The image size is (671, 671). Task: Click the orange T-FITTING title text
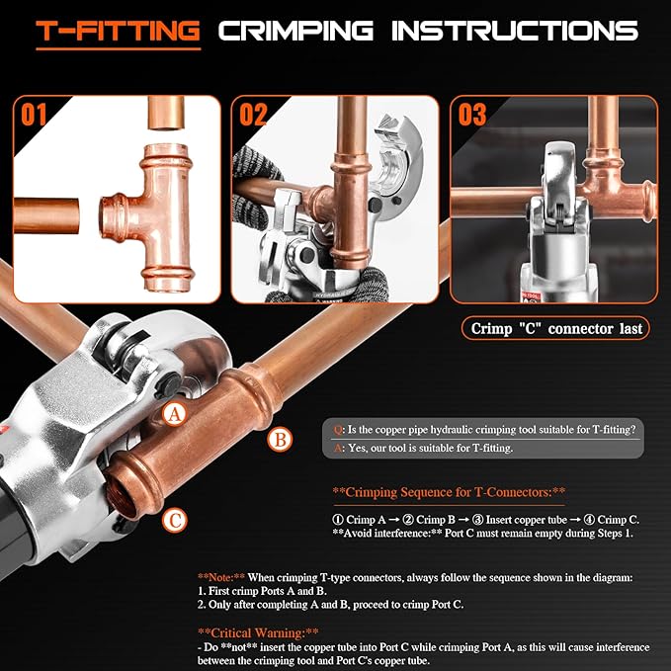coord(118,32)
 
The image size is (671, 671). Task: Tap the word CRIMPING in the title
coord(296,32)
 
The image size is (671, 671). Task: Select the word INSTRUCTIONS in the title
coord(514,32)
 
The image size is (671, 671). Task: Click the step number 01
coord(36,116)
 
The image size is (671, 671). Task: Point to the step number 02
coord(253,116)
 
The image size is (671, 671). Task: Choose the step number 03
coord(471,116)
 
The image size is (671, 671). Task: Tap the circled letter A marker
coord(174,415)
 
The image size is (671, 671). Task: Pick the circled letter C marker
coord(173,516)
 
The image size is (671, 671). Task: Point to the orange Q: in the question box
coord(339,429)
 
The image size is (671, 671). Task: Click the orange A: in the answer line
coord(339,448)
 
